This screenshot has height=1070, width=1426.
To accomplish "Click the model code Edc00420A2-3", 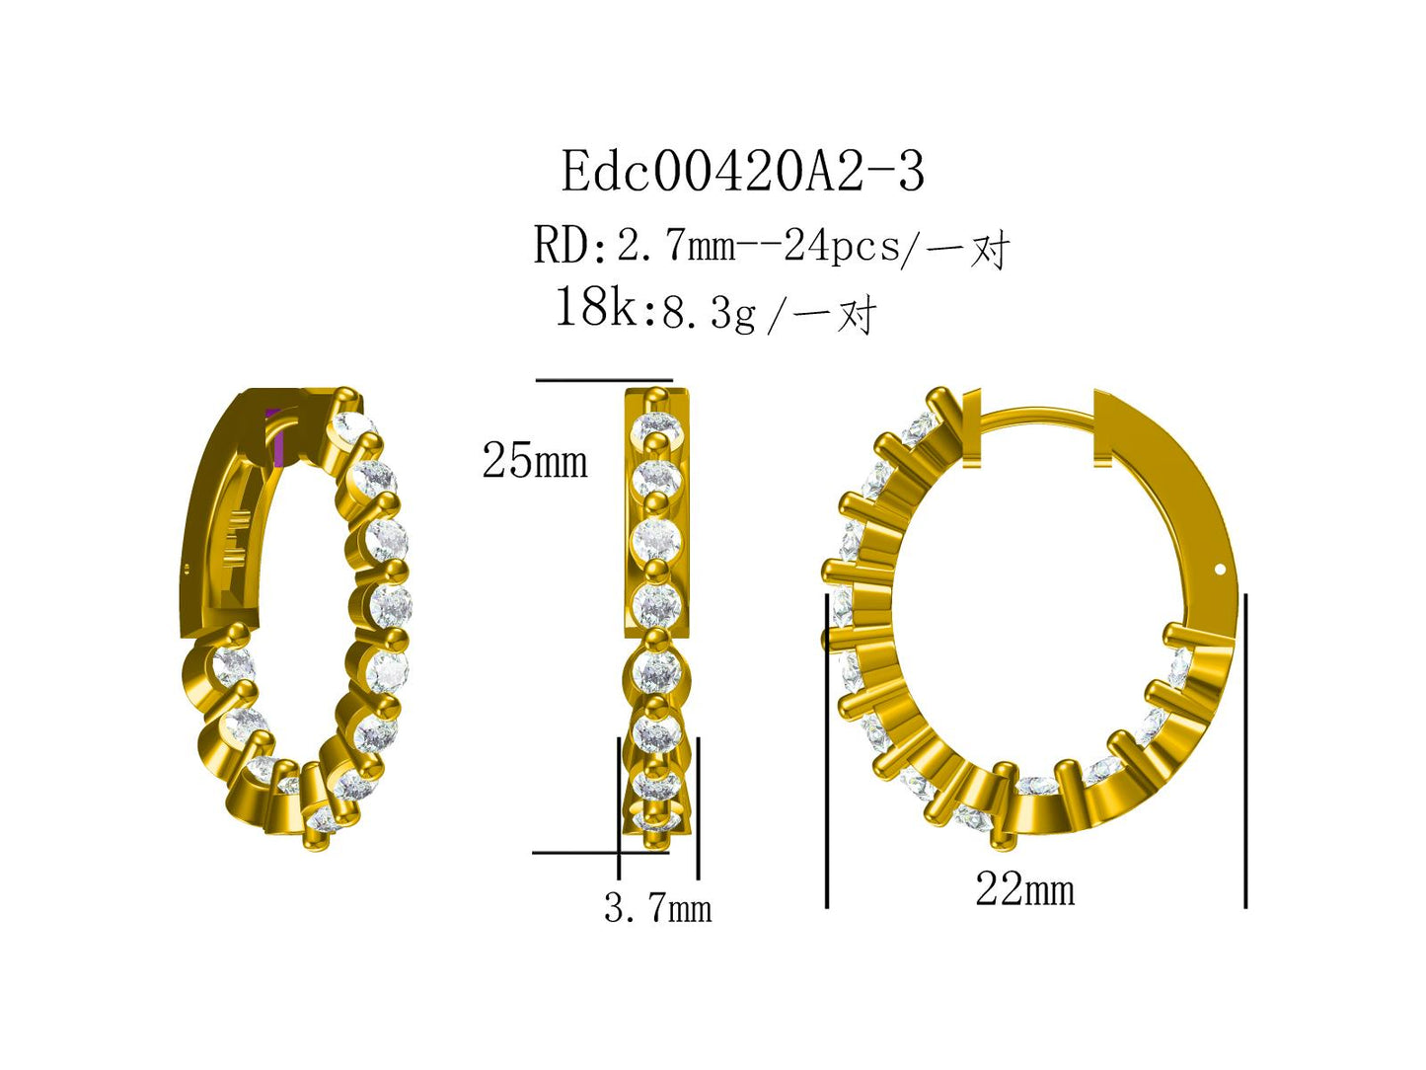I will click(742, 173).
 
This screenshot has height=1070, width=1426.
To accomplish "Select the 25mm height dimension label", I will click(534, 461).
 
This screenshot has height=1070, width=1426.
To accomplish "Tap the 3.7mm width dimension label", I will click(657, 908).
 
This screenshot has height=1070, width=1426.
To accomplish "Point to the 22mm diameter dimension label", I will click(1024, 890).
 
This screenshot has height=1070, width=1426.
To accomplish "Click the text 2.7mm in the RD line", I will click(676, 246).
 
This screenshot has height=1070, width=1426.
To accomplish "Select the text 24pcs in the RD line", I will click(842, 246).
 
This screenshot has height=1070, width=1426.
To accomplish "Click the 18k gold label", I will click(598, 308).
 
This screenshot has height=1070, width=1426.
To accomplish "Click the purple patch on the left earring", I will click(281, 435).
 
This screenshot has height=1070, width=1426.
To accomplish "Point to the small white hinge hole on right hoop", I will click(1221, 570).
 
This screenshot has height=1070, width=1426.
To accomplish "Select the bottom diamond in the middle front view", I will click(655, 819).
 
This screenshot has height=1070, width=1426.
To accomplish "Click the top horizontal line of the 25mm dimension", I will click(603, 380).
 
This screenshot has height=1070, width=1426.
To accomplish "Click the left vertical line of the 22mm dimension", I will click(827, 750).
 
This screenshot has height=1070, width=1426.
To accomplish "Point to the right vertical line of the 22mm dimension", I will click(1245, 750).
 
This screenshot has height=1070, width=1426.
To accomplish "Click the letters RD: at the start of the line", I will click(569, 246).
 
